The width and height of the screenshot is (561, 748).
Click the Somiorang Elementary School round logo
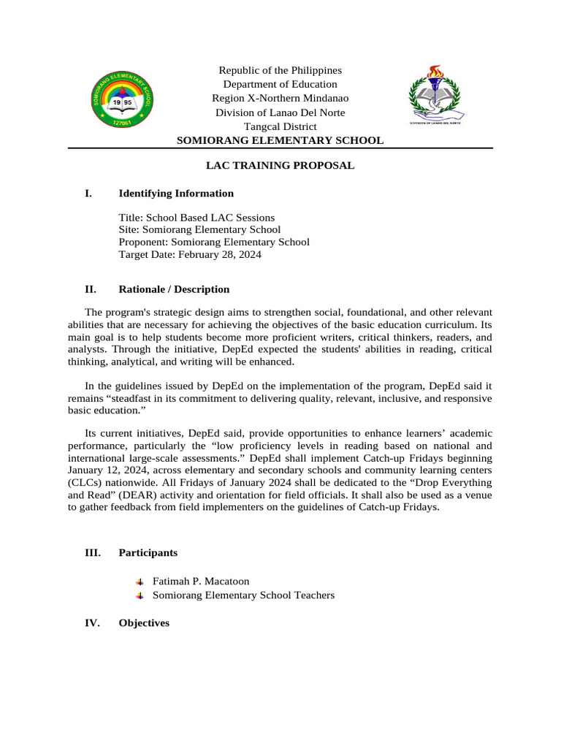[122, 101]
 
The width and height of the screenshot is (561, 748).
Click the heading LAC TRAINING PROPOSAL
[280, 166]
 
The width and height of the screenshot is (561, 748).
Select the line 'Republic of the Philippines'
[280, 70]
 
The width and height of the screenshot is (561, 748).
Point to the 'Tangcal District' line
[280, 126]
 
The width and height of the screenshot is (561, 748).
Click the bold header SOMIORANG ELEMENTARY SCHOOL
[280, 140]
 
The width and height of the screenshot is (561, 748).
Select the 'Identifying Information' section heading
[176, 194]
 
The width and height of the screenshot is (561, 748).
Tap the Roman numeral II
[90, 289]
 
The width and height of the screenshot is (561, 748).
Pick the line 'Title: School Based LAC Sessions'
[196, 218]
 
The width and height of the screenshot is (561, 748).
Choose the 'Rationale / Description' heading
[173, 289]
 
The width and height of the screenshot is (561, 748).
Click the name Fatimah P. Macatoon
[201, 581]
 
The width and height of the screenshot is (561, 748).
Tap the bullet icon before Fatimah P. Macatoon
[140, 581]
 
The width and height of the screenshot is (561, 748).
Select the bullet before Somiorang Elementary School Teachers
[140, 596]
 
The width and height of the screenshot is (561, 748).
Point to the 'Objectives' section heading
[143, 623]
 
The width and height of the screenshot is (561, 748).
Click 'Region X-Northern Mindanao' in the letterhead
[280, 98]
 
